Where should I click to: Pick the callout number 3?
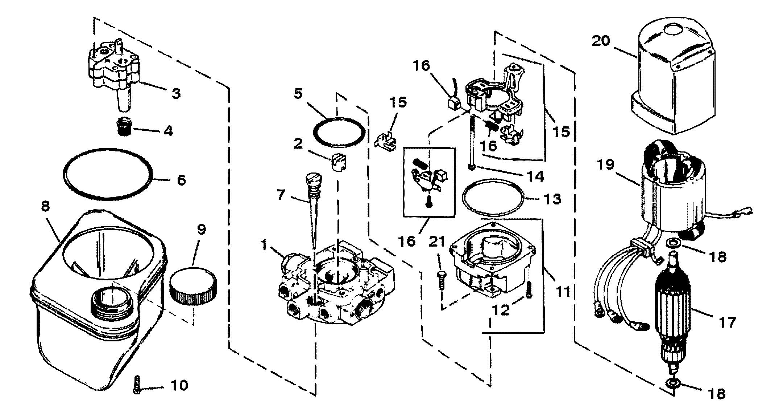point(175,93)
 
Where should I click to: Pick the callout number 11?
point(563,291)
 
